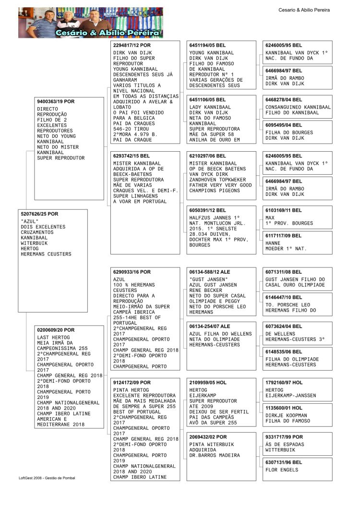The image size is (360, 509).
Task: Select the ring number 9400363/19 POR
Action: [56, 102]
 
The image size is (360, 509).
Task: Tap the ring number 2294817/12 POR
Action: [132, 45]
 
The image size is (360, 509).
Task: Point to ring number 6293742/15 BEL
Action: [132, 156]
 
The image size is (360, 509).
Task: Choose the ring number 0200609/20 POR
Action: [56, 330]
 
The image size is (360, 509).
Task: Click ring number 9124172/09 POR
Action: [132, 383]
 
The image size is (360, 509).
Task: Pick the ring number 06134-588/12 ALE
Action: [210, 272]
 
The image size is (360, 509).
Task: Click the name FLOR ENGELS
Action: [282, 470]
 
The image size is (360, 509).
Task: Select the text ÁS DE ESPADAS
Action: [285, 445]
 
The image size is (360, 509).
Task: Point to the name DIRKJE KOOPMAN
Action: [287, 415]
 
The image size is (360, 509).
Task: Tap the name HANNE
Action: [273, 243]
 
